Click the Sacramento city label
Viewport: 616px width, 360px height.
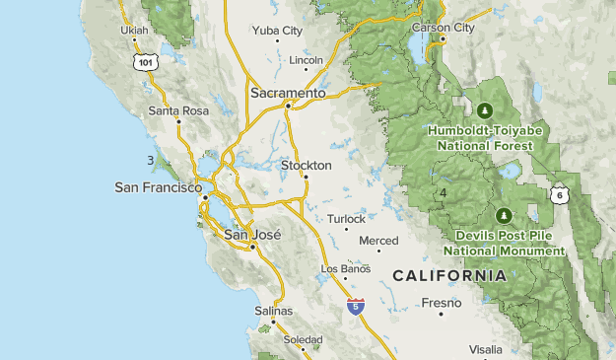287,93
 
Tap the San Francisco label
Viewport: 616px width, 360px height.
158,186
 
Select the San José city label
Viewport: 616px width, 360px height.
252,235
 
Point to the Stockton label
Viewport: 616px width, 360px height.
304,165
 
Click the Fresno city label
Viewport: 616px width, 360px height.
441,303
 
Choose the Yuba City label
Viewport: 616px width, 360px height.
277,31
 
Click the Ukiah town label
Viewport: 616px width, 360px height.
134,31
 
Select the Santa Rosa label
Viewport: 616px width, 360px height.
178,111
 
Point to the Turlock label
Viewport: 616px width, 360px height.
346,219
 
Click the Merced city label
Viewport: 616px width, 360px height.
378,241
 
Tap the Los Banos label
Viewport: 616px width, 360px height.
345,268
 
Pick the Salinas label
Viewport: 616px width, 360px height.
274,311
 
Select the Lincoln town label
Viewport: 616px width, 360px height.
306,60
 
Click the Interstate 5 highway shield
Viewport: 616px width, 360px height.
355,307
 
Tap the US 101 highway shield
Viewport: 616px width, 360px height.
146,62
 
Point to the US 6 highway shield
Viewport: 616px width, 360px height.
560,193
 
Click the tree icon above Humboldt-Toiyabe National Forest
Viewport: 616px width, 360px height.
483,110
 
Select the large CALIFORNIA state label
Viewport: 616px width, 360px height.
449,275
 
